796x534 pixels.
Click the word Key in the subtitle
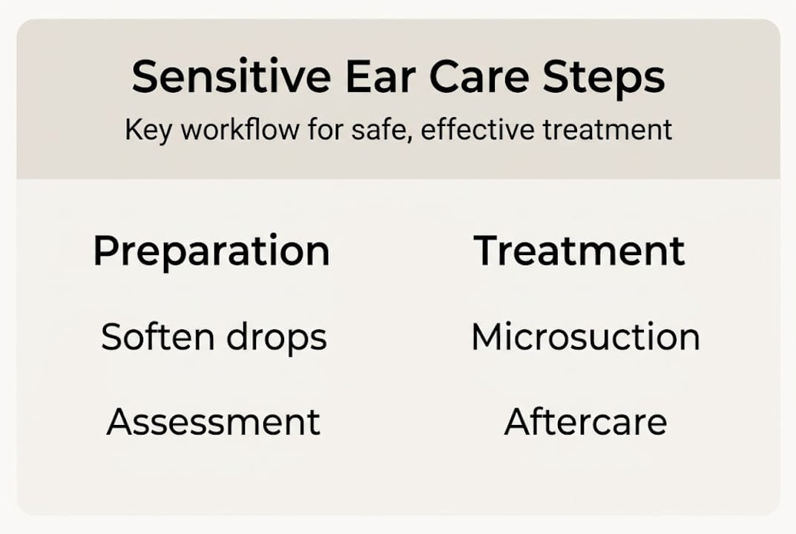(x=148, y=131)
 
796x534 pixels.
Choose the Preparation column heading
(x=211, y=252)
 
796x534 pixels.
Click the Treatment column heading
(x=579, y=251)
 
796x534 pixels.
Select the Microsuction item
(x=585, y=337)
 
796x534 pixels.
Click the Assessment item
(x=214, y=422)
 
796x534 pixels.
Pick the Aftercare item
(x=585, y=422)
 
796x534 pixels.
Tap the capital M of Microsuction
(x=487, y=337)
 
